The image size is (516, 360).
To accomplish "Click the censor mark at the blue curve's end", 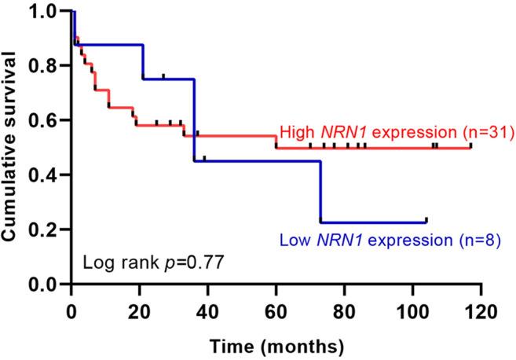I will tap(426, 220).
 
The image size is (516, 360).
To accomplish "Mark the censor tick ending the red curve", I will tap(470, 145).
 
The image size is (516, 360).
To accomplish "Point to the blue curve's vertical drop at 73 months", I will tap(320, 192).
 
